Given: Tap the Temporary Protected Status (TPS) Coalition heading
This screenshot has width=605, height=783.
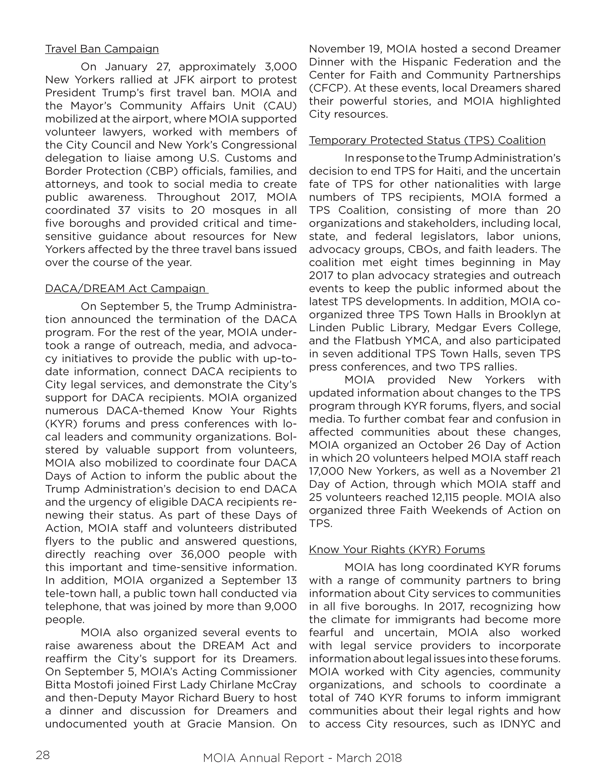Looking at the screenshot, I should point(427,140).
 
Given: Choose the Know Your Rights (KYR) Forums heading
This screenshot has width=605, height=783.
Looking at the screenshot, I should point(397,550).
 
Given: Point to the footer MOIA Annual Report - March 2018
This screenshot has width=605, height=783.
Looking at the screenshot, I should point(302,758).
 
